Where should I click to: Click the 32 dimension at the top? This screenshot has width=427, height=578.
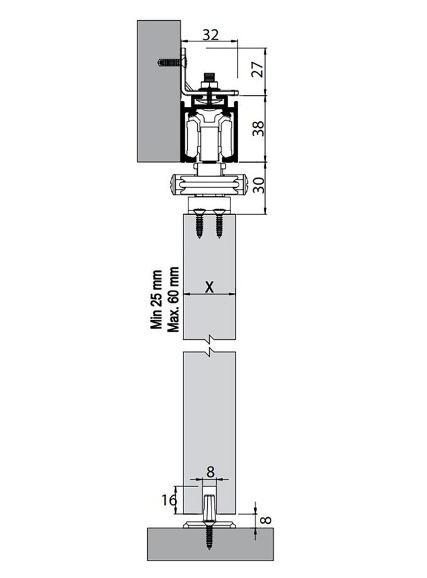[x=210, y=35]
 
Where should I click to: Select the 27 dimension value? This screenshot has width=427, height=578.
[x=256, y=69]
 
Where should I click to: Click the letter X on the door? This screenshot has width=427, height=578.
[x=210, y=286]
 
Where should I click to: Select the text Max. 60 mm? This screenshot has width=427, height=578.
[x=174, y=300]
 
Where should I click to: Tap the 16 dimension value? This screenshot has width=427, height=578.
[x=168, y=500]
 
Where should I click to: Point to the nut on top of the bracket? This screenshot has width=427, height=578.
[x=208, y=81]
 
